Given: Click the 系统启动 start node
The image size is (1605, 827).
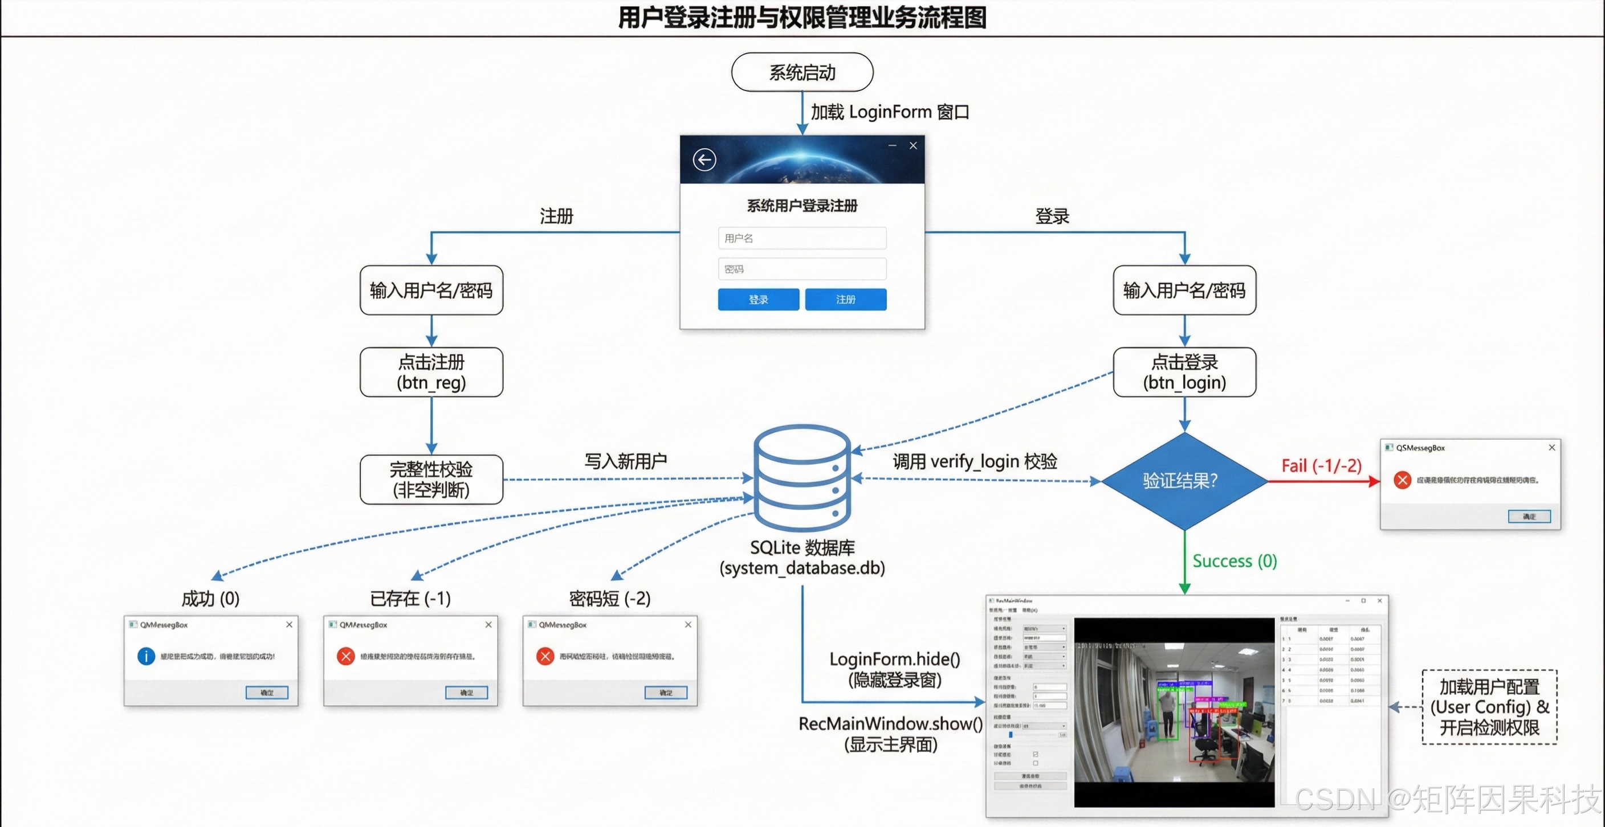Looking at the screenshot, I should coord(802,72).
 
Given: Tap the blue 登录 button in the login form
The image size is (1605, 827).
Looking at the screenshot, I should coord(757,300).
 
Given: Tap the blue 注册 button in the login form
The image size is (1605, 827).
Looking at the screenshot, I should coord(845,300).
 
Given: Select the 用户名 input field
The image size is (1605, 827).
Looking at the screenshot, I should coord(802,238).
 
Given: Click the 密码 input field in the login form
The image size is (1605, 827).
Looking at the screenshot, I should coord(802,269).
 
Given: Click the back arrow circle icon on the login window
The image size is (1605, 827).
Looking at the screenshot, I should coord(704,159).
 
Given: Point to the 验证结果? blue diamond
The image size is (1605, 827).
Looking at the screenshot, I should coord(1184,481).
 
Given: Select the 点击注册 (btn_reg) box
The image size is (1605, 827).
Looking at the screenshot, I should coord(431,372).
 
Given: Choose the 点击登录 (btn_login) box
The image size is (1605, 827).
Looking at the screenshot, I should coord(1184,372).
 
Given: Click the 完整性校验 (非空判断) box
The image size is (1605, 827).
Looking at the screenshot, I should coord(431,480).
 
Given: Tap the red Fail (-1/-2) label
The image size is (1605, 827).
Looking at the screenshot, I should coord(1321,466).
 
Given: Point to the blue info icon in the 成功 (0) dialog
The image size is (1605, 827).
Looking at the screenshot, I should coord(146,656).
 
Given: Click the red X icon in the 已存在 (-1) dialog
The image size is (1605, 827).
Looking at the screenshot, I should coord(346,656).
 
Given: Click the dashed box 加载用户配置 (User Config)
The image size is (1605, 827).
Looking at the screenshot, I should coord(1489,707).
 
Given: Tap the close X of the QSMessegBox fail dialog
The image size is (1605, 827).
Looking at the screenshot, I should coord(1551,447).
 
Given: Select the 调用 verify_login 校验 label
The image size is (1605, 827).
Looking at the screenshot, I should coord(975,461).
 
